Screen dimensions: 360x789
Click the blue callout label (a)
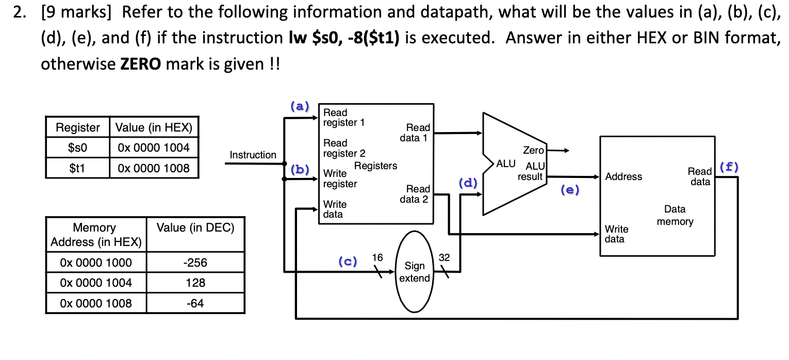(x=300, y=107)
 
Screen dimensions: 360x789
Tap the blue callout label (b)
(x=300, y=169)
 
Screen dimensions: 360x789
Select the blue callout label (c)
(x=348, y=261)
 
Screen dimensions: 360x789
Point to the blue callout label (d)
(x=468, y=183)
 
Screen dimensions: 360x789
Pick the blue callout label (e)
(x=569, y=190)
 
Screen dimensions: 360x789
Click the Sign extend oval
(x=414, y=272)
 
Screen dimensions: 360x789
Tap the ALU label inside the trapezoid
(x=505, y=164)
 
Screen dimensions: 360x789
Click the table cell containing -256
(x=195, y=263)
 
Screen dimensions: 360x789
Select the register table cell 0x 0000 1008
(x=154, y=168)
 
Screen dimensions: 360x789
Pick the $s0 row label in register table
(x=77, y=148)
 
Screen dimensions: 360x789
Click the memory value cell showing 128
(x=195, y=283)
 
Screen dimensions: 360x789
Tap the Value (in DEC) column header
(x=195, y=228)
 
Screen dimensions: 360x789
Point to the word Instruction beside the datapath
(x=253, y=155)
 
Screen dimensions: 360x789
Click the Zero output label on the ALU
(x=533, y=150)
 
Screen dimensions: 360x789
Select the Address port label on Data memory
(x=623, y=177)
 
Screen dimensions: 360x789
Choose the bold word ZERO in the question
(x=141, y=64)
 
